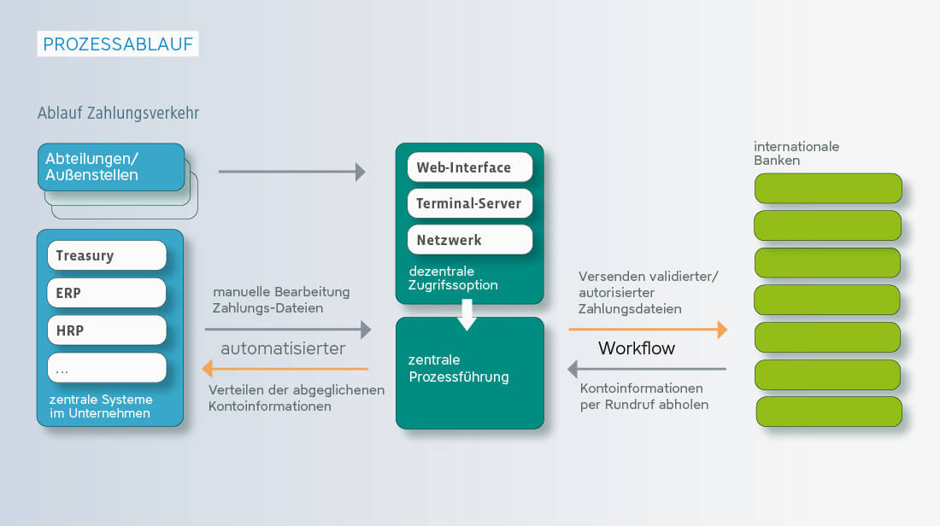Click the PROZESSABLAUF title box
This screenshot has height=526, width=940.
click(x=118, y=44)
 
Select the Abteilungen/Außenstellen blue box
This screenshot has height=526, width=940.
click(x=111, y=167)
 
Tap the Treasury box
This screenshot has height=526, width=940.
click(x=107, y=255)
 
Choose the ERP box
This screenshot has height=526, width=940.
click(x=107, y=293)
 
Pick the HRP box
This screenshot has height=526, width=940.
click(x=107, y=330)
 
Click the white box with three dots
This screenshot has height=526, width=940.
click(x=107, y=368)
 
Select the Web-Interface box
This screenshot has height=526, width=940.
click(x=470, y=167)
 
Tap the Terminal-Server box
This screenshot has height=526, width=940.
click(x=470, y=203)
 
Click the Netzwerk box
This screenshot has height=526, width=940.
click(x=470, y=240)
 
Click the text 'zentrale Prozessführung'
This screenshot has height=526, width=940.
click(x=458, y=368)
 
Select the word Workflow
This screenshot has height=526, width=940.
click(x=637, y=348)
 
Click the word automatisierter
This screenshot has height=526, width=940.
click(x=283, y=348)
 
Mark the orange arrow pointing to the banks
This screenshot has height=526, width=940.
click(x=648, y=329)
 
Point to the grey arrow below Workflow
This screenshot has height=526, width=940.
click(x=647, y=369)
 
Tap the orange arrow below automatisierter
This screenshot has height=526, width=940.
click(x=285, y=369)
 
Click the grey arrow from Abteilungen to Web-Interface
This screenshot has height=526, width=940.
click(x=291, y=172)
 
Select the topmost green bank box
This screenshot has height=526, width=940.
click(x=828, y=188)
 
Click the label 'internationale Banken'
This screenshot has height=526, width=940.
click(x=796, y=153)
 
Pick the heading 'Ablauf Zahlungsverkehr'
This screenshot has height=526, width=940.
click(x=118, y=113)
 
